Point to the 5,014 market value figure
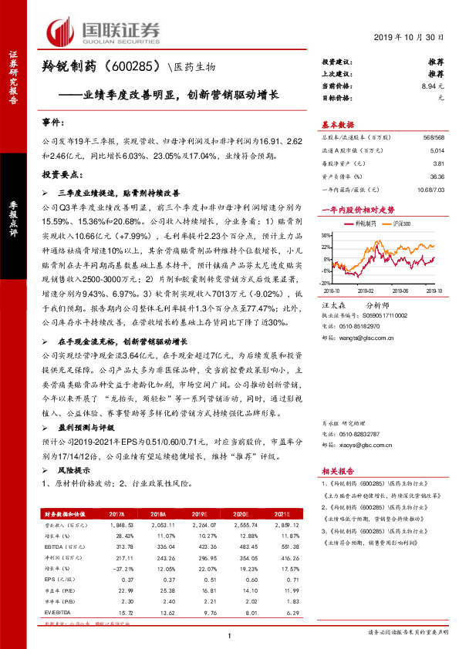[x=437, y=151]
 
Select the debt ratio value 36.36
[x=437, y=176]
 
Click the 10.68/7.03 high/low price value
[x=429, y=188]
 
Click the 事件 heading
[x=52, y=123]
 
